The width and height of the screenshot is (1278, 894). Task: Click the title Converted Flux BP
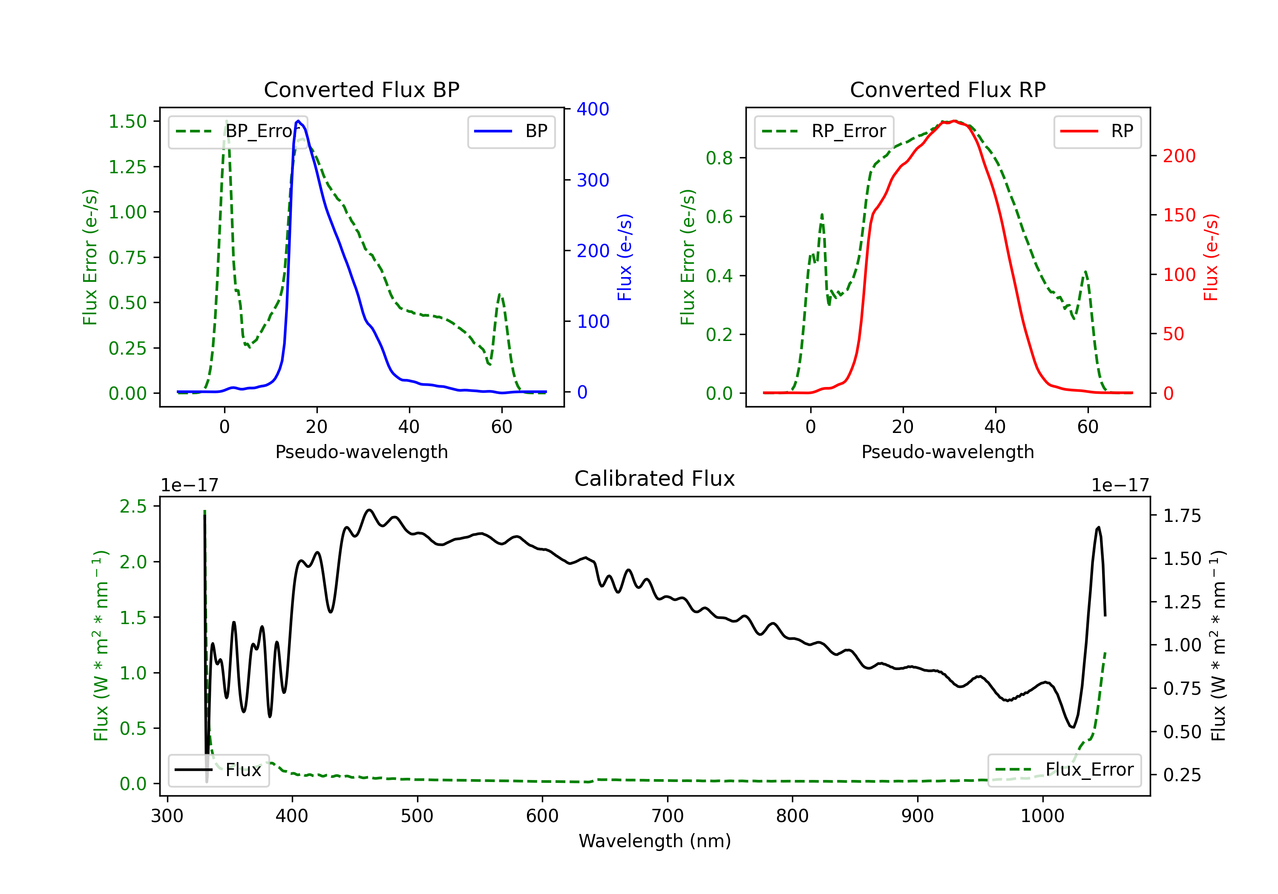361,89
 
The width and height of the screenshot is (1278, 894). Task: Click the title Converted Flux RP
947,89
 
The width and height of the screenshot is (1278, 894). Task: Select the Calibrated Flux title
655,479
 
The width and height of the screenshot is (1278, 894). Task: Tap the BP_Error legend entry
238,131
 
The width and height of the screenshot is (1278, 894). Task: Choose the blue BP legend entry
511,131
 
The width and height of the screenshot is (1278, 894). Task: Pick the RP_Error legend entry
824,131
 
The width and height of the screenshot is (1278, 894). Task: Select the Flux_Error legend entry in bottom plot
1064,770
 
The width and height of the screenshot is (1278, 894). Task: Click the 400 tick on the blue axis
593,109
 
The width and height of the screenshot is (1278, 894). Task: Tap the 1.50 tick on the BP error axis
127,121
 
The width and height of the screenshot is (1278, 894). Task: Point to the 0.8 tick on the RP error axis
719,158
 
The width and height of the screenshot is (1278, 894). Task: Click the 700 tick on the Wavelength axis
668,816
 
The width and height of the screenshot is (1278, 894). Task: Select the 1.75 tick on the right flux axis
1182,516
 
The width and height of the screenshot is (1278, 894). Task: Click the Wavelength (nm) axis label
655,841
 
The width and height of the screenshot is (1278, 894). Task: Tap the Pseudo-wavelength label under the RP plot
947,452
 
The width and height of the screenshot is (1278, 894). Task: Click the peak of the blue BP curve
298,121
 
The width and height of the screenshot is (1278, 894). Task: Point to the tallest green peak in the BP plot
226,121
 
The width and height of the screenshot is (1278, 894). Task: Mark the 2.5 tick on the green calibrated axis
133,506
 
